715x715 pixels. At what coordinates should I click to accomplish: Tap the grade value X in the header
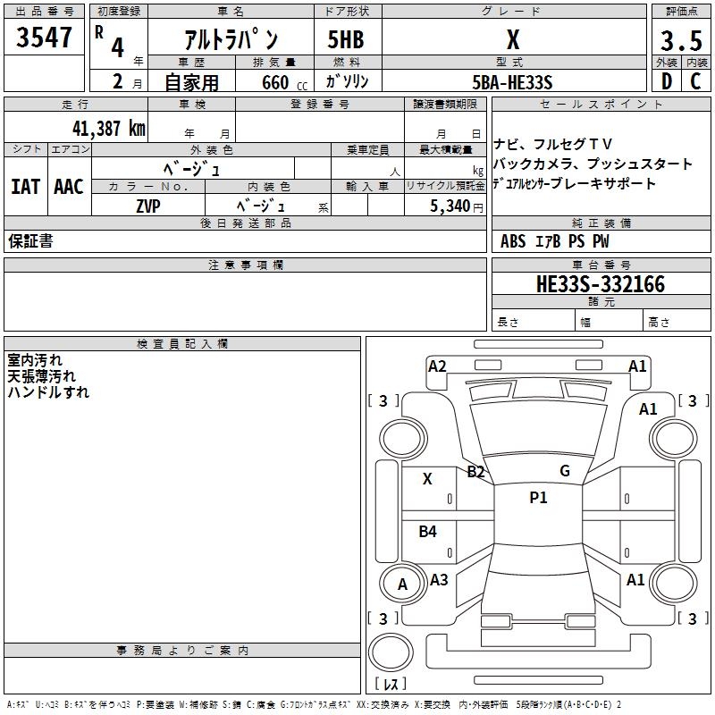[x=513, y=39]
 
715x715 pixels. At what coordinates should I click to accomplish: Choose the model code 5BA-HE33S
[x=513, y=82]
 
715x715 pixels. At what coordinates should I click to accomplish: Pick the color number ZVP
[x=148, y=206]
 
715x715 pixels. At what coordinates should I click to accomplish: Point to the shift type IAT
[x=25, y=187]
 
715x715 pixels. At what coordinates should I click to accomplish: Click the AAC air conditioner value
[x=69, y=187]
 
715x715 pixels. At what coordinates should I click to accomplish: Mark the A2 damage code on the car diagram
[x=437, y=366]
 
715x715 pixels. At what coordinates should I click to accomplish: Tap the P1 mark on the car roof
[x=538, y=498]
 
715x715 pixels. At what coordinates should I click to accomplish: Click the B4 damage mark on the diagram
[x=428, y=532]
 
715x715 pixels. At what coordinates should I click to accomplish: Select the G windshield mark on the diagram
[x=564, y=471]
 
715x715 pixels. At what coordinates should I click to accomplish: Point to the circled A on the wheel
[x=402, y=585]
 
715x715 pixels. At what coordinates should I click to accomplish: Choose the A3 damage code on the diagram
[x=439, y=579]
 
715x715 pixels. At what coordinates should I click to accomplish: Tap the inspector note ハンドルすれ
[x=48, y=391]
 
